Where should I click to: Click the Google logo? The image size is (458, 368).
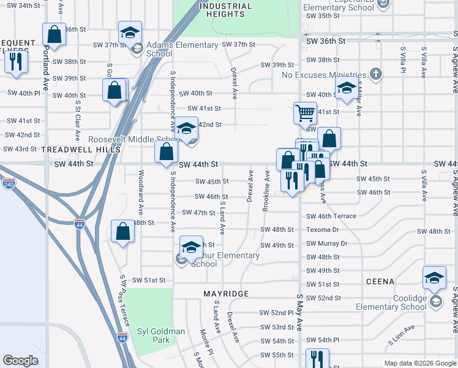coord(20,361)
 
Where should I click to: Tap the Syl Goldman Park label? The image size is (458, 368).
coord(160,335)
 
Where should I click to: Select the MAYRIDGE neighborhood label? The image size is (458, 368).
coord(226,294)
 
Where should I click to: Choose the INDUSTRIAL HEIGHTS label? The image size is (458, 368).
coord(225,10)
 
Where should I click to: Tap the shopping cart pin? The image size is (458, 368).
coord(304,113)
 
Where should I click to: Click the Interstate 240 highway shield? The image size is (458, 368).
coord(9,183)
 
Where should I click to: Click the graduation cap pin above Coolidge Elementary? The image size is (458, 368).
coord(434,277)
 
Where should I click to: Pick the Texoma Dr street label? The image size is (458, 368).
coord(323,229)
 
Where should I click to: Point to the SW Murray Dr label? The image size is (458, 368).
coord(326,243)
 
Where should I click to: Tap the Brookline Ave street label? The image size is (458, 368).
coord(266,191)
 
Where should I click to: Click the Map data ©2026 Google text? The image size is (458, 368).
coord(419,363)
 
